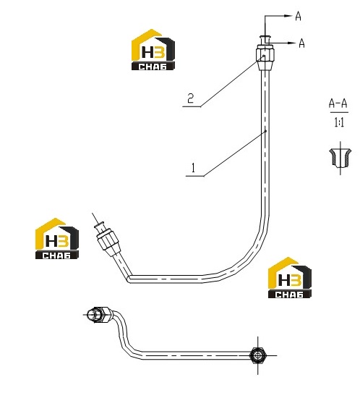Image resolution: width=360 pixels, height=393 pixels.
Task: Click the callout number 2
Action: tap(191, 98)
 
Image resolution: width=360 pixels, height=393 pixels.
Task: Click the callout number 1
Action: tap(193, 168)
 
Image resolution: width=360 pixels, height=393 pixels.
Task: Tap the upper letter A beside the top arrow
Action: tap(298, 17)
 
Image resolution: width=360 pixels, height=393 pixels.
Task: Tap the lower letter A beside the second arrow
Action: tap(302, 43)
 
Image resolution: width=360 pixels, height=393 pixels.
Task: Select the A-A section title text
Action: tap(338, 103)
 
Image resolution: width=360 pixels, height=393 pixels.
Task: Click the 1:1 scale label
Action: tap(339, 122)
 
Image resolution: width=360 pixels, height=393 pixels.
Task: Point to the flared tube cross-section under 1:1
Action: tap(340, 157)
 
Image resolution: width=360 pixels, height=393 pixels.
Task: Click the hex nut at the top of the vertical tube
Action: tap(265, 57)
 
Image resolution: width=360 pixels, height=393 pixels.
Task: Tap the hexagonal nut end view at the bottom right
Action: tap(258, 355)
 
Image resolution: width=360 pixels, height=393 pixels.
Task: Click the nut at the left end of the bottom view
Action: tap(98, 315)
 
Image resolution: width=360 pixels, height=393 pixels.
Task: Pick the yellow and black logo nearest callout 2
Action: tap(153, 50)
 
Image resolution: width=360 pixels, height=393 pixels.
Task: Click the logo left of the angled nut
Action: tap(57, 238)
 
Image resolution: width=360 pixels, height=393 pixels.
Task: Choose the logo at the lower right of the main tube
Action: tap(290, 277)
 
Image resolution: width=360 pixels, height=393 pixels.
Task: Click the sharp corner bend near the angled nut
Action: tap(129, 279)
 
